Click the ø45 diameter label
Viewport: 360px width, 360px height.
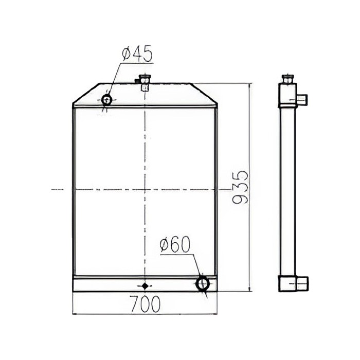click(x=137, y=53)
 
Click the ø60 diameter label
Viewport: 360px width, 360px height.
click(x=175, y=244)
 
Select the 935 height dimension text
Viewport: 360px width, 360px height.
click(x=240, y=187)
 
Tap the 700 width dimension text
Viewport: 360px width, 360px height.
click(x=145, y=304)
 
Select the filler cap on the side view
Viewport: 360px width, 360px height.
click(x=288, y=79)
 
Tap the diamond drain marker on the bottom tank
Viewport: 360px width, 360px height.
click(x=145, y=286)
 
